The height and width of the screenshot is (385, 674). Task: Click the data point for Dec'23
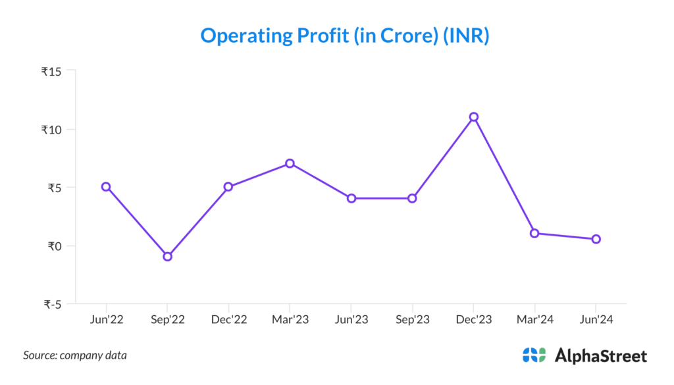473,116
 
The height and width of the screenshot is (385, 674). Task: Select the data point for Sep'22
168,256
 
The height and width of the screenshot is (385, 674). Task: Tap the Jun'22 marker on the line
106,186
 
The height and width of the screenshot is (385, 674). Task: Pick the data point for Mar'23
290,163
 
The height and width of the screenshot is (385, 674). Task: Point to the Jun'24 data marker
596,239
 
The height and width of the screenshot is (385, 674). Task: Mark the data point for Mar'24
534,233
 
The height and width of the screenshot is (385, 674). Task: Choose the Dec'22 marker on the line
228,186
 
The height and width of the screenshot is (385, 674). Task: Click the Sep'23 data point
412,198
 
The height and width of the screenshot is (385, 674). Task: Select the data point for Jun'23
351,198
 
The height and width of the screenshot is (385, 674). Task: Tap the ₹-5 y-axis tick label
53,304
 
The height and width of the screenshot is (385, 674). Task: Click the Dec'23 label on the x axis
473,319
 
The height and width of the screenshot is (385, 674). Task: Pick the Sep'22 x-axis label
167,319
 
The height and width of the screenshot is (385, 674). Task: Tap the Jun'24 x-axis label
596,319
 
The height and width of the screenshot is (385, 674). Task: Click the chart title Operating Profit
344,36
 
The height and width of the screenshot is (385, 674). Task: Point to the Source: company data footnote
75,355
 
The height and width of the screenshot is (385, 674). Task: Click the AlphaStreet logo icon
534,355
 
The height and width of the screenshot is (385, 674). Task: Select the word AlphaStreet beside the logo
601,356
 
